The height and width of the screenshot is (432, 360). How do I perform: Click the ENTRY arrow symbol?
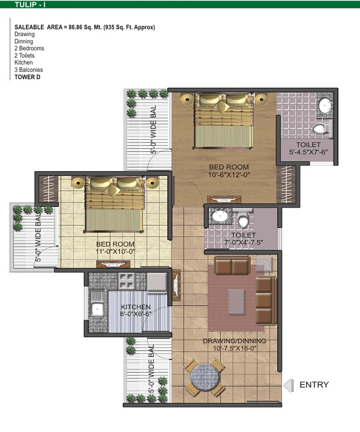pos(288,385)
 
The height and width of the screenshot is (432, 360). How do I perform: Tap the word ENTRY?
pos(314,385)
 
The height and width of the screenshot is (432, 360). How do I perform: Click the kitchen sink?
pos(97,310)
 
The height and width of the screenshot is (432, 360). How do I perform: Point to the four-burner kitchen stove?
pos(127,281)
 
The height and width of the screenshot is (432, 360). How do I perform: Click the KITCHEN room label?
pos(136,307)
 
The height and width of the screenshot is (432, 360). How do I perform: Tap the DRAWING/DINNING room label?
pos(235,341)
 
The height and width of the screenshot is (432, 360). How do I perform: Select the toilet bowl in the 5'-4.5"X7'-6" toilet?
pos(320,128)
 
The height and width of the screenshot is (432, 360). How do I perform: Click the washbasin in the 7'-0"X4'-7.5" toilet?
pos(220,216)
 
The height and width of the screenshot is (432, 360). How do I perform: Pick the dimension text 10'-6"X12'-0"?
pos(229,175)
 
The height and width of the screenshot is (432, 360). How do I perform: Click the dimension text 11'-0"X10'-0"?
pos(115,251)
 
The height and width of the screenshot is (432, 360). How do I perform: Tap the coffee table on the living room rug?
pos(236,302)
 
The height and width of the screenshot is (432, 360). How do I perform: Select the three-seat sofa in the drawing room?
pos(266,301)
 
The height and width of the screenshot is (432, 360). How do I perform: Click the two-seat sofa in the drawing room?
pos(232,265)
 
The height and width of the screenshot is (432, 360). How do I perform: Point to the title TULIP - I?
pos(30,4)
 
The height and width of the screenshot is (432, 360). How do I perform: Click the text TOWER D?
pos(27,77)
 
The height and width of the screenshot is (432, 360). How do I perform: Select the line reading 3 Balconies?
pos(29,70)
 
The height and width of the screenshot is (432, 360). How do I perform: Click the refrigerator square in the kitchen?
pos(157,282)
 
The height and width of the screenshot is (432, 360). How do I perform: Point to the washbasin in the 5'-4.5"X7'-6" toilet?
pos(325,105)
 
